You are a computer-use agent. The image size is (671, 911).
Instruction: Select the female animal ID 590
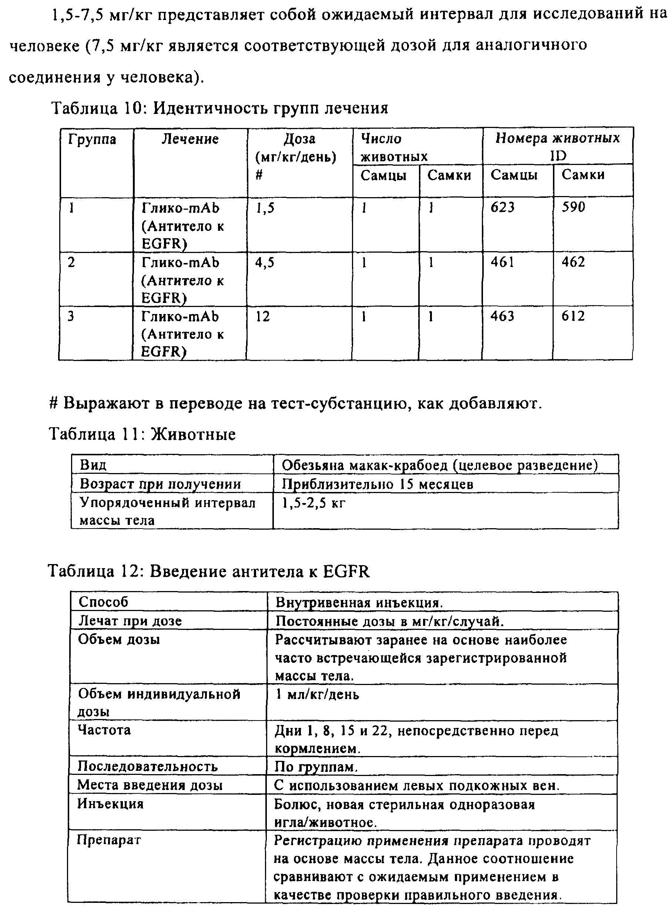(573, 207)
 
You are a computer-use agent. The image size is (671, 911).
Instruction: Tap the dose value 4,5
(264, 263)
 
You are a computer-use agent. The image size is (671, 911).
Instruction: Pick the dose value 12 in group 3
(262, 317)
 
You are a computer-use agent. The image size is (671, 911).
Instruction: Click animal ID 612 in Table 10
(573, 316)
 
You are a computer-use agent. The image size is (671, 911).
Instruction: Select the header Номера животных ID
(557, 146)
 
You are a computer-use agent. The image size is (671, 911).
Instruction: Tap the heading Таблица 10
(219, 108)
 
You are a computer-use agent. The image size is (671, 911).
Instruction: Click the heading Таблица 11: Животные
(142, 434)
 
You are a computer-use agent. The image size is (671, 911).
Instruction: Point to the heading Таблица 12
(209, 571)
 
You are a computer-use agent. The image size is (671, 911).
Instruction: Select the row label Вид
(93, 465)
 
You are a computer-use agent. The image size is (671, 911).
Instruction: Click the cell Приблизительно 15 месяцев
(378, 484)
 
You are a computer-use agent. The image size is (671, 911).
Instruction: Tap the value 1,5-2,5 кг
(313, 503)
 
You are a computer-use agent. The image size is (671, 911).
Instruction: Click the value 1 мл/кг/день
(317, 695)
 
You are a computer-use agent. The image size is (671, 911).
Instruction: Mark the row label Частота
(104, 730)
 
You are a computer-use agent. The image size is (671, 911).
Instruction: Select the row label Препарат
(109, 840)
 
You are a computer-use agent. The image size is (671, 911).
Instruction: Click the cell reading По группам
(316, 766)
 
